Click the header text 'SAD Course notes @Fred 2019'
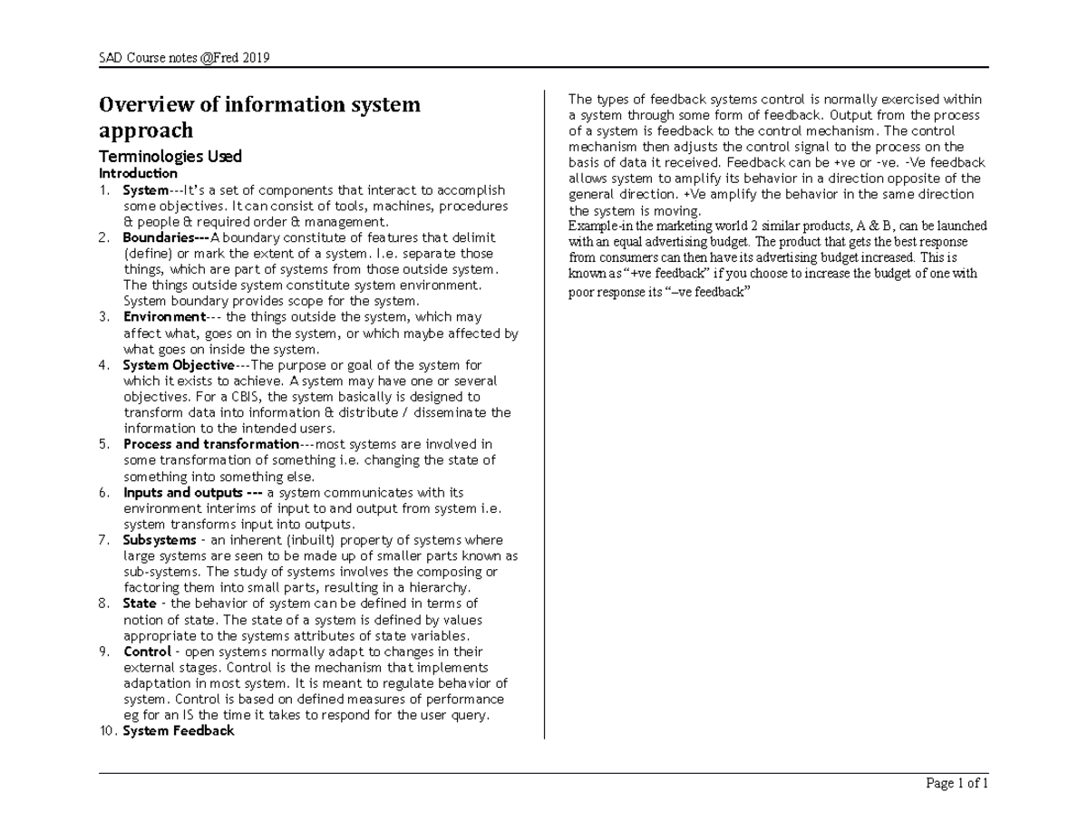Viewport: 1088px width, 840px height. pos(185,59)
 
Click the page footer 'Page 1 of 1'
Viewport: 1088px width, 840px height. pos(956,784)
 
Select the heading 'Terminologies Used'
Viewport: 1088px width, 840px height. pos(170,156)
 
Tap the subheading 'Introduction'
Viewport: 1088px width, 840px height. pos(138,173)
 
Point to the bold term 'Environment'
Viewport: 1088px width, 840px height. pos(164,317)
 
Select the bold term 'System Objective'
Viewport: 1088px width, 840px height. pos(179,365)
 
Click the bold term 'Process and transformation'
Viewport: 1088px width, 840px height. pos(210,444)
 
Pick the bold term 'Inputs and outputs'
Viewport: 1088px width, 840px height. pos(188,493)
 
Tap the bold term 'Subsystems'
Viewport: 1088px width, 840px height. pos(159,540)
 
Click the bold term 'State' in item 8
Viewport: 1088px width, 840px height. pos(140,603)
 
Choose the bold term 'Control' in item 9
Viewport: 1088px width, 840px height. pos(147,652)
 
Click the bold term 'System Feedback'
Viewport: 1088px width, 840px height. pos(179,730)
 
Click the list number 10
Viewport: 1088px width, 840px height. pos(107,730)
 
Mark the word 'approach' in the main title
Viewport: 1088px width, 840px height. pos(146,130)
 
